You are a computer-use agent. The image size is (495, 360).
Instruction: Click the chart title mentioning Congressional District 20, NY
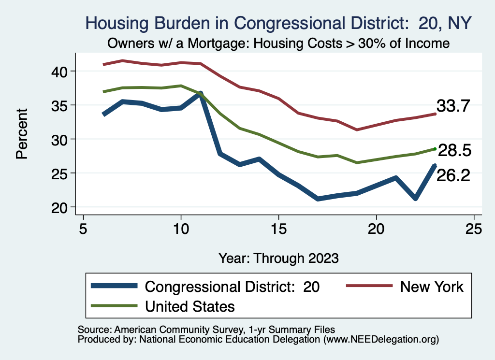pyautogui.click(x=278, y=23)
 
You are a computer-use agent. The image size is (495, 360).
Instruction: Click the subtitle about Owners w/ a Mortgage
pyautogui.click(x=278, y=43)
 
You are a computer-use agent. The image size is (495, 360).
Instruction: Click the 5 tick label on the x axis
pyautogui.click(x=83, y=229)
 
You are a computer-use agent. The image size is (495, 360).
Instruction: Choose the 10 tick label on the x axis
pyautogui.click(x=181, y=229)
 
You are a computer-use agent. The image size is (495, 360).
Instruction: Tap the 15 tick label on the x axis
pyautogui.click(x=278, y=229)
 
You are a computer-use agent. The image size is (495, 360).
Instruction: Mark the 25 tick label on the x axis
pyautogui.click(x=474, y=229)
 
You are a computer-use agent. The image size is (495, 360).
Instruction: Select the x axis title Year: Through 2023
pyautogui.click(x=278, y=257)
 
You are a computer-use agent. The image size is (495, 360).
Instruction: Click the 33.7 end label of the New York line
pyautogui.click(x=453, y=106)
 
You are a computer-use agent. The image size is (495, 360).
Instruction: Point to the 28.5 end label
pyautogui.click(x=454, y=151)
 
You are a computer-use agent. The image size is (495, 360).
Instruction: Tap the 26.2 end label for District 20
pyautogui.click(x=453, y=175)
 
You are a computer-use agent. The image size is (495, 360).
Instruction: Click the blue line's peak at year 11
pyautogui.click(x=200, y=93)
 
